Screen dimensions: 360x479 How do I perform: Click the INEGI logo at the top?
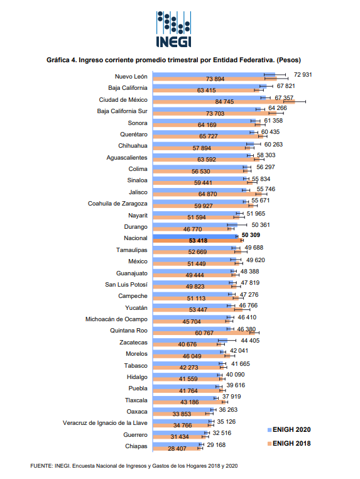tap(173, 30)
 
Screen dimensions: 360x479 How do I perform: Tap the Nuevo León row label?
tap(131, 76)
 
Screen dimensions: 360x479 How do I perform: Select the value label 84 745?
tap(224, 102)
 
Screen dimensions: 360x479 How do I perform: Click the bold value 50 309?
tap(251, 235)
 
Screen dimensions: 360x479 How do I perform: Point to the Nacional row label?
tap(136, 238)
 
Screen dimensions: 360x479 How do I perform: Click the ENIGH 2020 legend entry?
tap(289, 429)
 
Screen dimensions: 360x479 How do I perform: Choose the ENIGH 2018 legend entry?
tap(289, 443)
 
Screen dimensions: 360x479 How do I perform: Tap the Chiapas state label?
tap(136, 446)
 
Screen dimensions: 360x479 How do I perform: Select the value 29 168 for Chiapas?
tap(216, 445)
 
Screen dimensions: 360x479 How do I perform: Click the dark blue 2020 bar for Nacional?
tap(195, 236)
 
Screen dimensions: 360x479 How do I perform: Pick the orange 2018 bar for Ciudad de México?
tap(224, 102)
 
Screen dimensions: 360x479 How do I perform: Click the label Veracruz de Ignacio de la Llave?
tap(105, 423)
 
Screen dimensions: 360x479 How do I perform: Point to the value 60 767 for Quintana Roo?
tap(204, 333)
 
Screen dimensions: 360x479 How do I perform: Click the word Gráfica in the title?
tap(58, 60)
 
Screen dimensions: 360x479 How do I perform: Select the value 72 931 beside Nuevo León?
tap(303, 75)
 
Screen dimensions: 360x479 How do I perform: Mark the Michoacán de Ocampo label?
tap(116, 319)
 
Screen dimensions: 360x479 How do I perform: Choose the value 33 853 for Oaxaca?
tap(182, 414)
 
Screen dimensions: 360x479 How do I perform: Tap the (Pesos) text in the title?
tap(288, 60)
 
